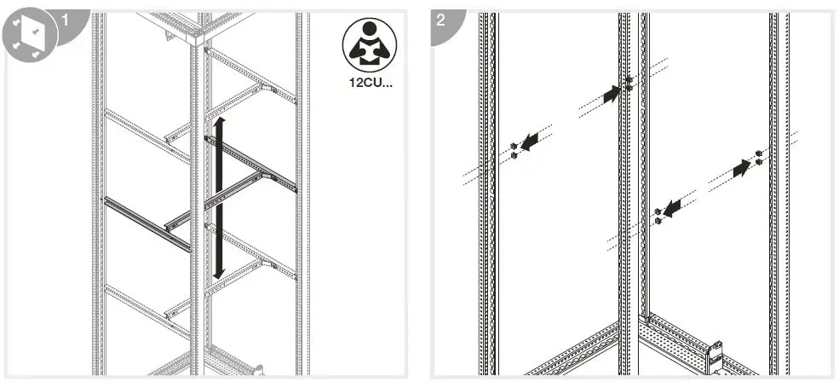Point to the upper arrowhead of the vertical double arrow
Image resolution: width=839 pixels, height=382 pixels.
(219, 125)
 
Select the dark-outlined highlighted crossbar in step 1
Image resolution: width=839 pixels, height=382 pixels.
(147, 224)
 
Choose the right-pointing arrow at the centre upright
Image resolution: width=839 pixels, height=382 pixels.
(612, 94)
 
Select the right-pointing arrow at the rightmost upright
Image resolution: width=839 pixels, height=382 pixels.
(741, 169)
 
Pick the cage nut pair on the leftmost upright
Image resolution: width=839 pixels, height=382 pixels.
(514, 151)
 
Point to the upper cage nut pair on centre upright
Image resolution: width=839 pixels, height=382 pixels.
(629, 83)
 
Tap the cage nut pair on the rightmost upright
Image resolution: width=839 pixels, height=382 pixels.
(758, 157)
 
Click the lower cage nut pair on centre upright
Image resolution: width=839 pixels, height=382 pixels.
(658, 216)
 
